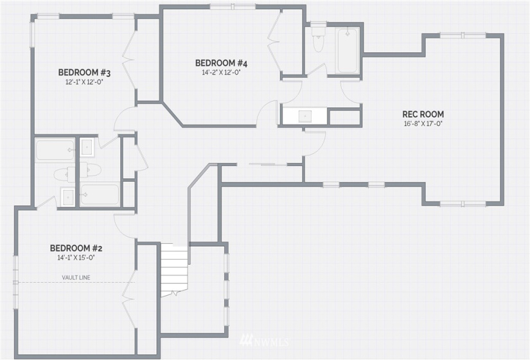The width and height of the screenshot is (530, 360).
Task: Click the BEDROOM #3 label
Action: click(x=85, y=73)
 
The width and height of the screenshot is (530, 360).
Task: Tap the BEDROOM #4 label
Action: click(x=222, y=63)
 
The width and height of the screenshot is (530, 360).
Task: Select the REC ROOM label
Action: click(x=423, y=114)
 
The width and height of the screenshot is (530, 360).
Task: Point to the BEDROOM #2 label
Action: click(x=76, y=248)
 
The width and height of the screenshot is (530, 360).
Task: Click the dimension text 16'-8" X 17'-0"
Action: click(x=423, y=124)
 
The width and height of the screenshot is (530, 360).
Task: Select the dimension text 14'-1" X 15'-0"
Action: click(x=76, y=258)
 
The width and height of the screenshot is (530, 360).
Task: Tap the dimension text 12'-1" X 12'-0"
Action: click(x=84, y=82)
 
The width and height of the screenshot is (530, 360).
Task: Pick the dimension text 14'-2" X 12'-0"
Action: click(x=221, y=73)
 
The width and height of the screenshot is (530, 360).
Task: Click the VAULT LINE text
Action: click(x=76, y=278)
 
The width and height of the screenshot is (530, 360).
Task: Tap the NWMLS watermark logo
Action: click(x=264, y=341)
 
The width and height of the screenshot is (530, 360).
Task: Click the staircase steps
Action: click(x=174, y=269)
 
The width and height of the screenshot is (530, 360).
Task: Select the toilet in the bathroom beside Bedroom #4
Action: click(x=318, y=39)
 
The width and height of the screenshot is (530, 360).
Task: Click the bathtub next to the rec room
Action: click(x=347, y=50)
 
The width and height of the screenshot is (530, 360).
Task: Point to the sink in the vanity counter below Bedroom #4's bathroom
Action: click(x=305, y=116)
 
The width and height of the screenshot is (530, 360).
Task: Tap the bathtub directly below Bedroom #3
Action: click(x=55, y=150)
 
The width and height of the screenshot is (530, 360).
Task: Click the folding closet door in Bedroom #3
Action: click(x=128, y=60)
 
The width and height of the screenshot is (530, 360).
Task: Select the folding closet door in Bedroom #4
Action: click(x=275, y=42)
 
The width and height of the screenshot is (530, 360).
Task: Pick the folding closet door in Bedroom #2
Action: click(x=129, y=299)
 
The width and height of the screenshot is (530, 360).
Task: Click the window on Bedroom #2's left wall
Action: click(x=15, y=282)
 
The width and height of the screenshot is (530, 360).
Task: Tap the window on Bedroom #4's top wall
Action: click(x=233, y=6)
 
